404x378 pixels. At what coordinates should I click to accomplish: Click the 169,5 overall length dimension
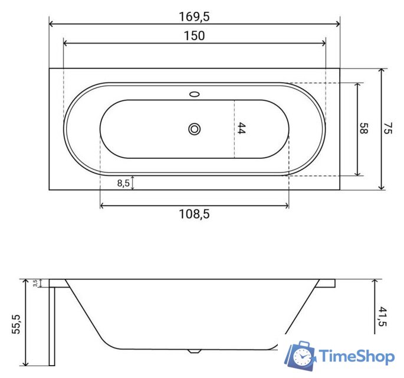194,17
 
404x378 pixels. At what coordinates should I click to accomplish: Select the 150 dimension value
194,36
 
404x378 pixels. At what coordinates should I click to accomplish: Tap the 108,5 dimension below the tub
194,214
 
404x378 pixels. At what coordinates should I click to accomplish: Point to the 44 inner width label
241,129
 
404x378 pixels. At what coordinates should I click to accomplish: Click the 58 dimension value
364,129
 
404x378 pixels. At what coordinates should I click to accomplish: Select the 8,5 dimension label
123,183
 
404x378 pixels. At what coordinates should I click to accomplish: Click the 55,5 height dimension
16,324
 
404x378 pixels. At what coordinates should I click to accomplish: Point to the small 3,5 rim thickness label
36,283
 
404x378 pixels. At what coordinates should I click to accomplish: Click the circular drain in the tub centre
194,129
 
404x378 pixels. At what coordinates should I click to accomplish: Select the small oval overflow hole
194,93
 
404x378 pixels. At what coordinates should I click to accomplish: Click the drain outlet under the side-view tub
194,351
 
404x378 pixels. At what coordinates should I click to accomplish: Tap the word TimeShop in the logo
356,356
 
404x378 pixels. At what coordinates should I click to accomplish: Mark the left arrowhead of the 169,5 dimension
51,24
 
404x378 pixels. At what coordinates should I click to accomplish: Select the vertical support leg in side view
51,325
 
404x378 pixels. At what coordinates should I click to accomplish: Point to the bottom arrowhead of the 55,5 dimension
25,362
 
